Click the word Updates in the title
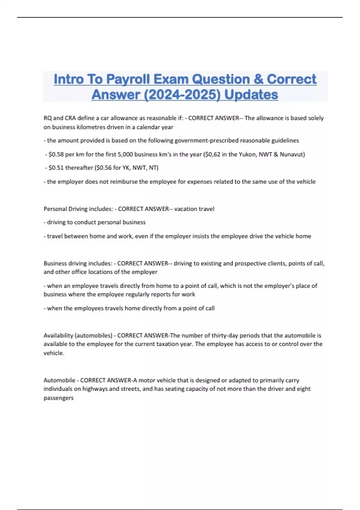251,95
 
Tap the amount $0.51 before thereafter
56,168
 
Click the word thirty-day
224,336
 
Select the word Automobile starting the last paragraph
59,380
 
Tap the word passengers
58,398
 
